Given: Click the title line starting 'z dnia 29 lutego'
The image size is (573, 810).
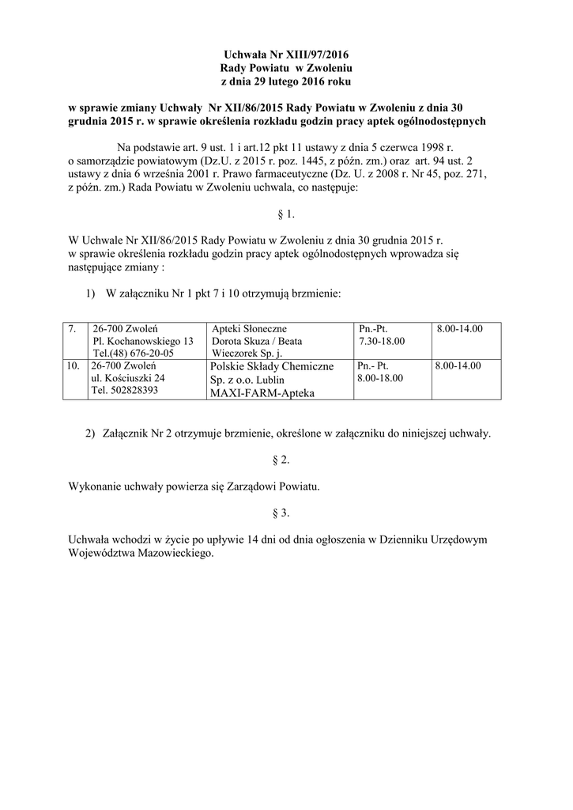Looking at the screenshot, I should click(x=285, y=81).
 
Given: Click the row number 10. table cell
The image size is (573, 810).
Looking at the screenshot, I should click(x=74, y=366).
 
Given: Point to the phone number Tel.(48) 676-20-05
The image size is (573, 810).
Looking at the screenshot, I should click(x=134, y=353).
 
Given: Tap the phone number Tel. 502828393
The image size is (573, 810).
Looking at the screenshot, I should click(x=125, y=391).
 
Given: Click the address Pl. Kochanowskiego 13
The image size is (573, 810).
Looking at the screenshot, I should click(x=143, y=341).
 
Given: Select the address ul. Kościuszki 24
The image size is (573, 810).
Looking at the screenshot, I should click(x=129, y=379).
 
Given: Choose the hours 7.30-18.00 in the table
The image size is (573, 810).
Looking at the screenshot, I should click(x=381, y=341).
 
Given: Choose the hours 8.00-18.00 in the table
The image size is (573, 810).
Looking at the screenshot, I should click(x=380, y=379).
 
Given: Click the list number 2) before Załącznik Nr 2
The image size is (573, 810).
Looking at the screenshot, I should click(x=89, y=433).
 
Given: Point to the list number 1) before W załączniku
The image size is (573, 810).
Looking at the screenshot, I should click(x=89, y=293).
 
